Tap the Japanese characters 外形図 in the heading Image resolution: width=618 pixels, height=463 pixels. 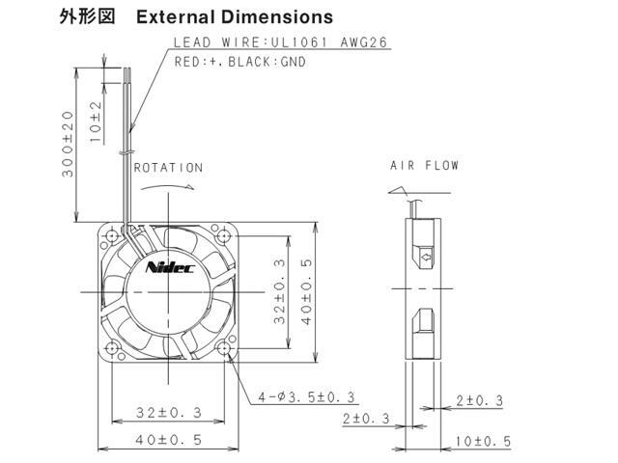click(x=88, y=17)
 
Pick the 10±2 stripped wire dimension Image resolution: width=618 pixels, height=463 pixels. click(x=96, y=122)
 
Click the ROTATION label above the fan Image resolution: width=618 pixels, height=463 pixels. click(x=168, y=167)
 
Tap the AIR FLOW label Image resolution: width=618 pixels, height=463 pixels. click(x=424, y=165)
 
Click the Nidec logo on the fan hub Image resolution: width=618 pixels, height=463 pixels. click(x=170, y=268)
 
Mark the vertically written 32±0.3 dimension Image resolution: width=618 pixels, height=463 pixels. click(x=279, y=290)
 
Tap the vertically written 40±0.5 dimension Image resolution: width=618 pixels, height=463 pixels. click(x=307, y=290)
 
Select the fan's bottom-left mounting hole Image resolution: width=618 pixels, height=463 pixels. click(x=113, y=348)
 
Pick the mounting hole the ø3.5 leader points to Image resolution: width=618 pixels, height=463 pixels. click(x=227, y=348)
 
